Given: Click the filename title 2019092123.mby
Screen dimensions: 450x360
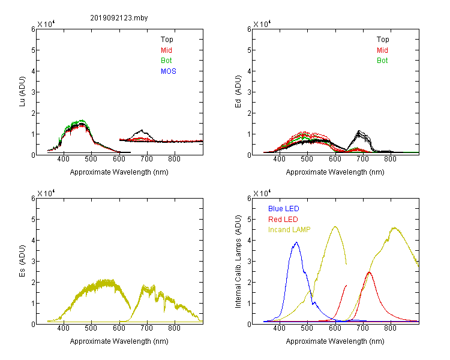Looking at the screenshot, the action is point(119,18).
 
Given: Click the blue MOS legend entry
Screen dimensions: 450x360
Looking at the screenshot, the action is point(169,71).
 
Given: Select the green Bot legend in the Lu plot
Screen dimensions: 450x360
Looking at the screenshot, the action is point(166,61).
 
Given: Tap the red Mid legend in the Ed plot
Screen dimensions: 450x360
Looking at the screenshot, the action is point(382,50).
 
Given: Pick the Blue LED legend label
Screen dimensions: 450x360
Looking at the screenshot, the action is point(284,209).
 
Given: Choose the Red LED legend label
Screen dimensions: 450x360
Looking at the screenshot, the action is point(283,220).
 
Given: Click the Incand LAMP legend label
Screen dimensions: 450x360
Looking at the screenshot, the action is point(289,230).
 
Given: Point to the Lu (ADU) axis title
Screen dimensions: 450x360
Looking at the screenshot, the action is point(22,91).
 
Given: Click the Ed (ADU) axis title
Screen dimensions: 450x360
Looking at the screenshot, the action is point(238,91).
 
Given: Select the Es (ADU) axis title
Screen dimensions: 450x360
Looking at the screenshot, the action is point(22,260).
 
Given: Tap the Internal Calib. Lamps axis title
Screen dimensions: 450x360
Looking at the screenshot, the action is point(238,262).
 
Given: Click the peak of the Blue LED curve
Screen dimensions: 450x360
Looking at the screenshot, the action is point(296,242).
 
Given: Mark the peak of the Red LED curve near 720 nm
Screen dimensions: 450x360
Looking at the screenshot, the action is point(369,272).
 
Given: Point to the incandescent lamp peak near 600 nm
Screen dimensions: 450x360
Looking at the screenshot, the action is point(335,227).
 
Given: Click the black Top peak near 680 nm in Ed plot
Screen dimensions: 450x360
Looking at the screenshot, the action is point(359,131).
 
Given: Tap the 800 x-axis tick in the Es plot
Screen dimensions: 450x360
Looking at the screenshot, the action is point(174,328).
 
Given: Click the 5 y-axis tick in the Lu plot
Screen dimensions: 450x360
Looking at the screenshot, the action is point(33,50).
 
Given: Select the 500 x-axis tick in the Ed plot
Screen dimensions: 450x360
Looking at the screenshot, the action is point(307,159).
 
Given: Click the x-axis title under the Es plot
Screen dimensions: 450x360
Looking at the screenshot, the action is point(119,341).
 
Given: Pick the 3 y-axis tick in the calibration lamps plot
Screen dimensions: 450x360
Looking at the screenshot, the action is point(250,262).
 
